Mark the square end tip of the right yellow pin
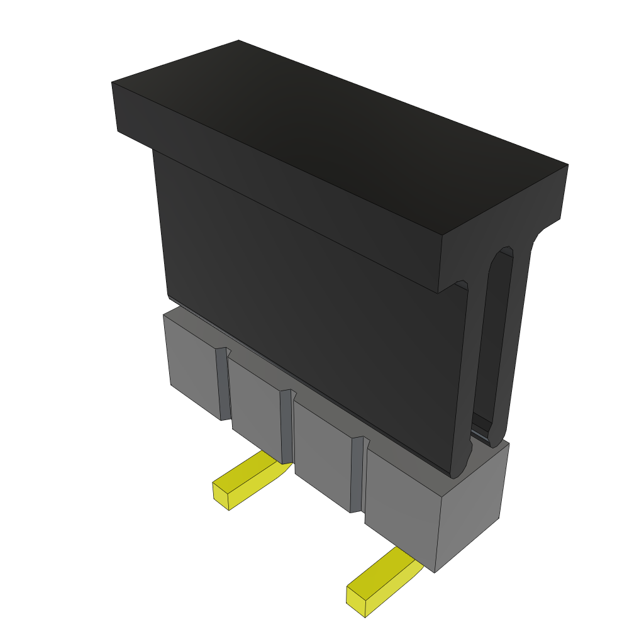(357, 601)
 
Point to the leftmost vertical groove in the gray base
(223, 384)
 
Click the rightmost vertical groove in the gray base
(357, 475)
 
